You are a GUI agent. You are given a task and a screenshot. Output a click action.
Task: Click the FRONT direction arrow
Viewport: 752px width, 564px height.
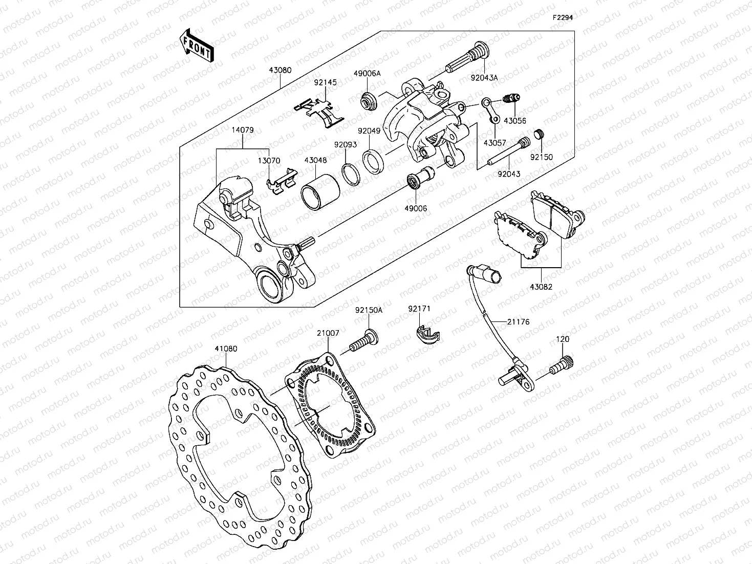coord(197,46)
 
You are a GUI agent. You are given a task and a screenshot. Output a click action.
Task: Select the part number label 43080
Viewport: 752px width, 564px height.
coord(280,70)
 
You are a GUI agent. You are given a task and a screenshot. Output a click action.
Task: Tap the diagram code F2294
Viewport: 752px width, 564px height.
coord(562,17)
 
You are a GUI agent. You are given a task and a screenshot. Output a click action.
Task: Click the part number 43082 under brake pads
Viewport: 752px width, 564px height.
coord(541,287)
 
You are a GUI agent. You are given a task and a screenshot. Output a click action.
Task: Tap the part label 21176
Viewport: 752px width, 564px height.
coord(518,322)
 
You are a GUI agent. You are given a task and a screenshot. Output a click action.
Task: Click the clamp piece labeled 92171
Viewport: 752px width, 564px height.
coord(426,334)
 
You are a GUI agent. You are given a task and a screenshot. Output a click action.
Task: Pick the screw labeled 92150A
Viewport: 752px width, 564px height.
coord(362,341)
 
